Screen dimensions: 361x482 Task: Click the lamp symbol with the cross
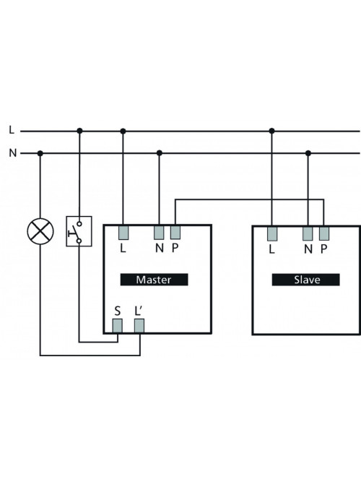click(x=40, y=231)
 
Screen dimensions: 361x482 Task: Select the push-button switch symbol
click(x=79, y=231)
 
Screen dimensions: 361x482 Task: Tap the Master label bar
click(x=154, y=280)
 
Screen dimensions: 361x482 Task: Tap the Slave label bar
click(x=305, y=280)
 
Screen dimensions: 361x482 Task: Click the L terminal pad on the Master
click(x=123, y=233)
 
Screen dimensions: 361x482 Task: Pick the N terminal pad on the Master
click(x=159, y=233)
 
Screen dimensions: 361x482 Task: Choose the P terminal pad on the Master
click(x=175, y=233)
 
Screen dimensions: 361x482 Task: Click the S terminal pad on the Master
click(x=118, y=326)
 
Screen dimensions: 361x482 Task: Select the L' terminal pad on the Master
click(x=139, y=326)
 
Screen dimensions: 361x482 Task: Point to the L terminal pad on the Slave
click(x=272, y=234)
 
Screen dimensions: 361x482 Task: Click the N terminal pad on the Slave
click(x=308, y=234)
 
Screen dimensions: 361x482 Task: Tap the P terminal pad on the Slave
click(x=324, y=234)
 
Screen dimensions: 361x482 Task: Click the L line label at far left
click(x=12, y=130)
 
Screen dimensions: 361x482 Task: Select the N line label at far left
click(x=12, y=152)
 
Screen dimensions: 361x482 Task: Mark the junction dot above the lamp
click(x=40, y=153)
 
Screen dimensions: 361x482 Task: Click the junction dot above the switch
click(x=79, y=131)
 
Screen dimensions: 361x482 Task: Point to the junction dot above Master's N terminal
click(x=159, y=153)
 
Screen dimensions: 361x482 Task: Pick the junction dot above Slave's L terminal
click(x=271, y=131)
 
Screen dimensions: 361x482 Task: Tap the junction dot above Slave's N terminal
click(x=308, y=153)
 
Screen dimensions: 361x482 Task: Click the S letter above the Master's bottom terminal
click(x=118, y=311)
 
